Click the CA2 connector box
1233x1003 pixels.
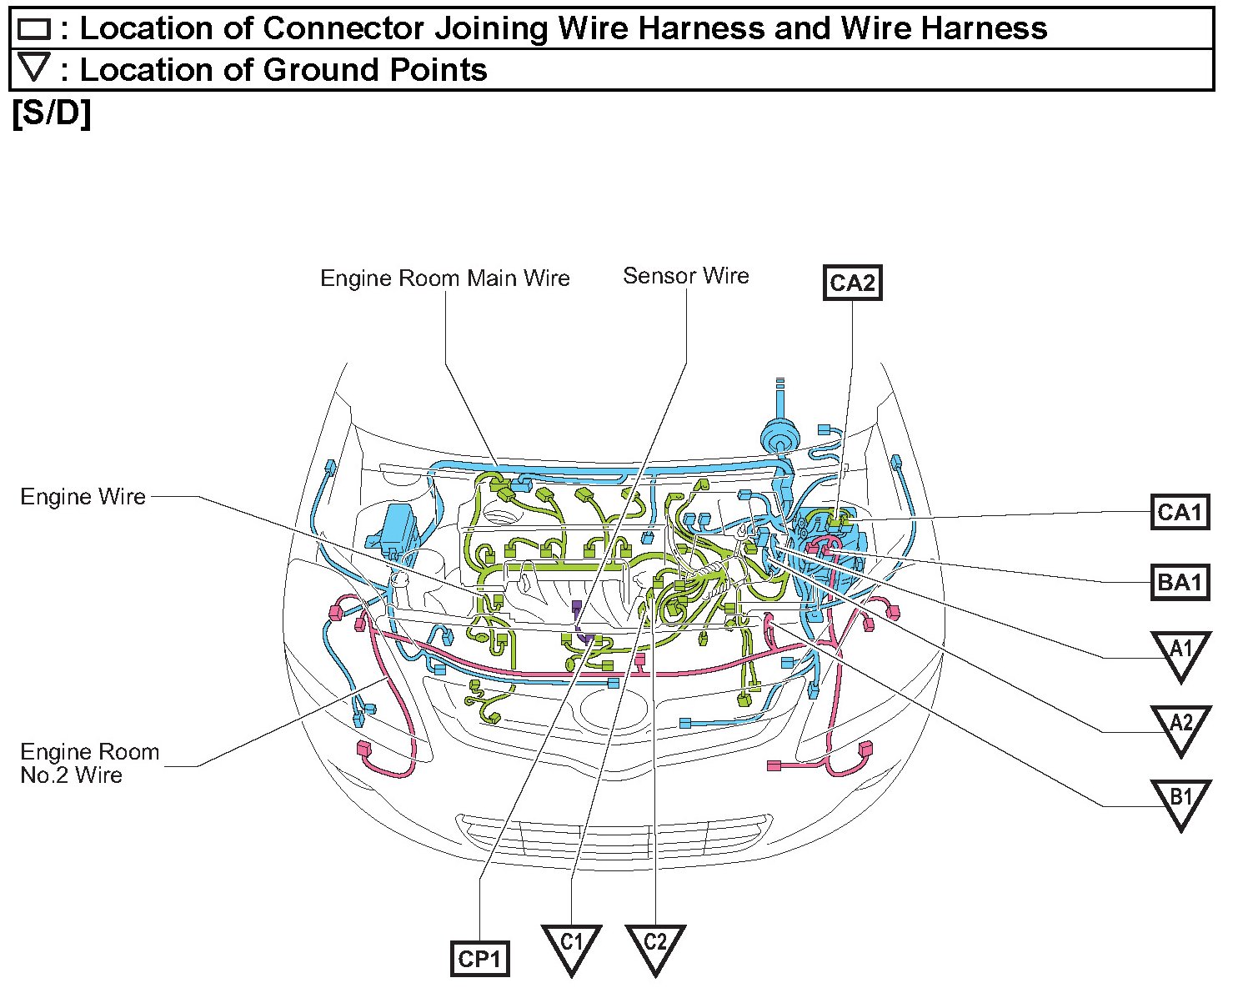[852, 283]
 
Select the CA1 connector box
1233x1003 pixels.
[1180, 511]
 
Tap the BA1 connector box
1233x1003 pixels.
[1180, 581]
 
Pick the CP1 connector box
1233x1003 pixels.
[479, 959]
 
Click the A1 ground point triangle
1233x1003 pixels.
[1180, 651]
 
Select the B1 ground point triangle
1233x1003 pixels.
[1180, 800]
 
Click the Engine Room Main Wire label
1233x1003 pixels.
[445, 278]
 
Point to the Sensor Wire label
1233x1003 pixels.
[685, 276]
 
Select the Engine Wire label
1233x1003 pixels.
[83, 497]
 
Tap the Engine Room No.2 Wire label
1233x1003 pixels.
[89, 764]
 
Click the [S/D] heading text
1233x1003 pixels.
[52, 113]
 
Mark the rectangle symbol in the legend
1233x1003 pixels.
[34, 30]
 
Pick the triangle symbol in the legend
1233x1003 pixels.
[34, 67]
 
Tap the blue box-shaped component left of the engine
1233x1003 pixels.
[399, 527]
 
